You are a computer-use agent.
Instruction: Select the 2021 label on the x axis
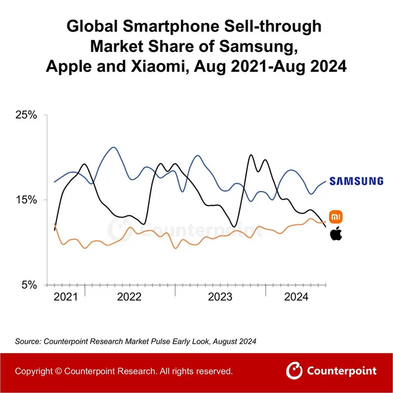[65, 297]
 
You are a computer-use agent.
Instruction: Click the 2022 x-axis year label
[129, 297]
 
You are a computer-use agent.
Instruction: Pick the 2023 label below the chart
[220, 297]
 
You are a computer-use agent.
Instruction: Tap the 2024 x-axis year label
[296, 297]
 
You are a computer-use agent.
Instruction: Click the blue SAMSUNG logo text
[356, 181]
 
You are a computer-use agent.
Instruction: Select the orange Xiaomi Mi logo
[336, 216]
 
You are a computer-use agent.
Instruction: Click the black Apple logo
[336, 234]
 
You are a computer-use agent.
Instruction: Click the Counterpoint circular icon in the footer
[294, 371]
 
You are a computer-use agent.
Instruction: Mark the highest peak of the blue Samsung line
[113, 147]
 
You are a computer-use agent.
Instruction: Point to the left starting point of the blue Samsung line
[54, 182]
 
